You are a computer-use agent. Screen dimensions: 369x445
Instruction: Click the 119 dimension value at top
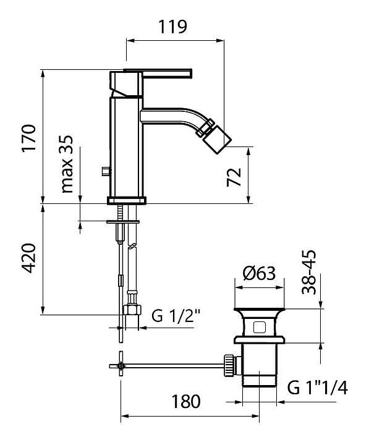[x=172, y=27]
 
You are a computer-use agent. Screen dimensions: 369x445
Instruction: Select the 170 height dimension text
[x=30, y=137]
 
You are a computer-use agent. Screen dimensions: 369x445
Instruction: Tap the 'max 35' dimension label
[x=67, y=164]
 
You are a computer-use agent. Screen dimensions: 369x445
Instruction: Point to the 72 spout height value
[x=234, y=177]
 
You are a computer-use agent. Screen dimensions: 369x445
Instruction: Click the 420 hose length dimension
[x=30, y=258]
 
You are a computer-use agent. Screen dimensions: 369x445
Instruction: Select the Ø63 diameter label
[x=259, y=274]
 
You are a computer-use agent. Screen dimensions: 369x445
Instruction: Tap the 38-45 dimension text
[x=309, y=272]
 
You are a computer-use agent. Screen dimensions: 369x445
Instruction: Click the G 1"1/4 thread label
[x=318, y=388]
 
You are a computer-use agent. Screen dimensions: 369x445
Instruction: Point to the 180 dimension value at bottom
[x=186, y=402]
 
